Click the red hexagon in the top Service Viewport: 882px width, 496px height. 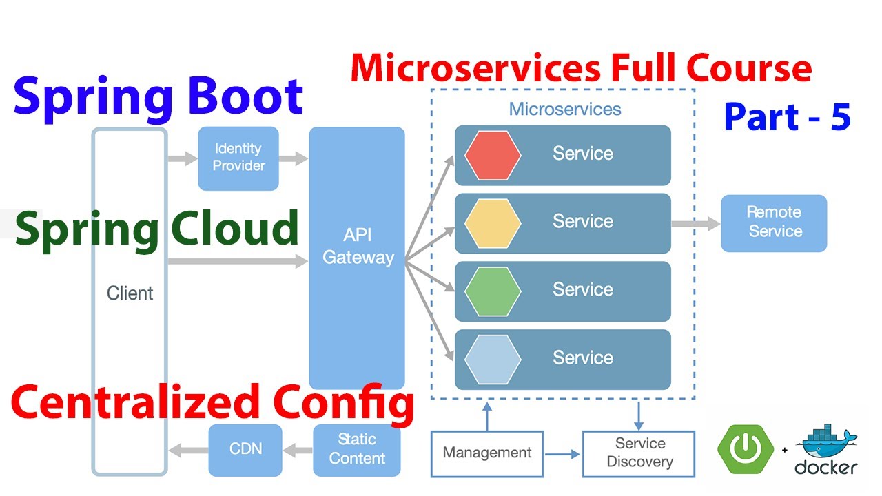(492, 154)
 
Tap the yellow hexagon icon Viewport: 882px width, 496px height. (492, 223)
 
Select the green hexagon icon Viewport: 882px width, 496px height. (492, 290)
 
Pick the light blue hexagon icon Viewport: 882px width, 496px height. (492, 358)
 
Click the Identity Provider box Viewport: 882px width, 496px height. (238, 158)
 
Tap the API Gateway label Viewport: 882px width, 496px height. (358, 247)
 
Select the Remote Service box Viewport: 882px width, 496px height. (774, 223)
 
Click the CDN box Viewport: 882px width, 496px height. (245, 448)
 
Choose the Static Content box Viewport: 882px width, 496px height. (357, 449)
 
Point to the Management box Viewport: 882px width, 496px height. (487, 453)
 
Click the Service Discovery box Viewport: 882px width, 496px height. (639, 453)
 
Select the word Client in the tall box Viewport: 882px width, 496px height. (130, 293)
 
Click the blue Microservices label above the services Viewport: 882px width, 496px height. (564, 109)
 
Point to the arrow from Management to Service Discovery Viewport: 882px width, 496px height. (563, 454)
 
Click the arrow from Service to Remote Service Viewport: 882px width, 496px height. (695, 223)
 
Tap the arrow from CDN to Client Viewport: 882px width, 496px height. (188, 451)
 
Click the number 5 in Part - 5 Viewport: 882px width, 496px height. (840, 118)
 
